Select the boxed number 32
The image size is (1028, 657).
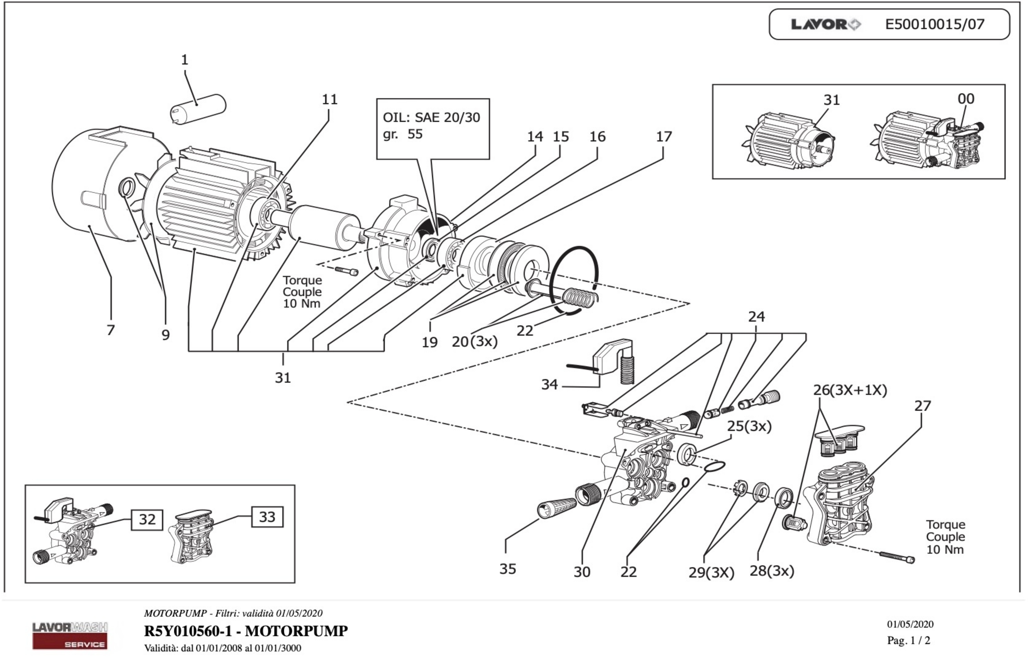(147, 519)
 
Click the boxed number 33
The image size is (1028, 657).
(267, 517)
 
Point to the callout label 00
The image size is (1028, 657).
(966, 99)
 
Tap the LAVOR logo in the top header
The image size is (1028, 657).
(825, 25)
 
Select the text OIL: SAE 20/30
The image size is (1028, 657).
(431, 117)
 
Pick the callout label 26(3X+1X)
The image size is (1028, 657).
(849, 390)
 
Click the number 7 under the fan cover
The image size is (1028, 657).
(111, 330)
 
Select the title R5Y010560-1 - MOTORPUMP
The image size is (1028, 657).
(246, 631)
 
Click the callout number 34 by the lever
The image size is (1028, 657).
(549, 384)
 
